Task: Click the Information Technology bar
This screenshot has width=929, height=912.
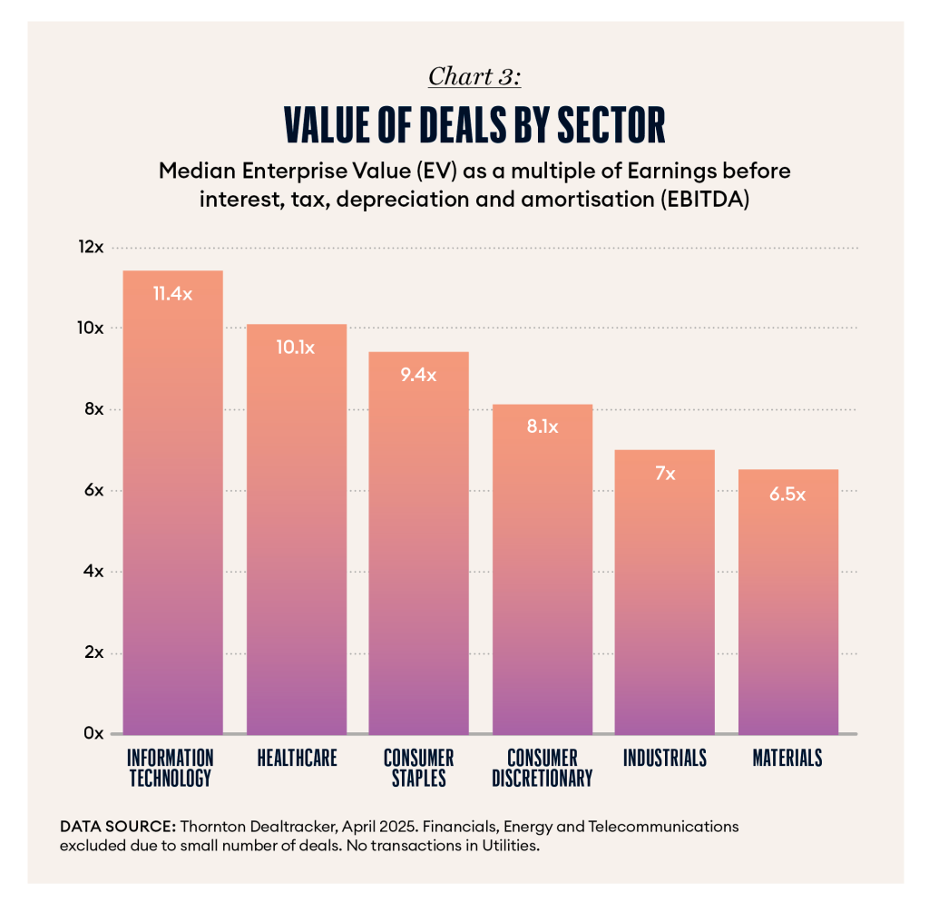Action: click(172, 508)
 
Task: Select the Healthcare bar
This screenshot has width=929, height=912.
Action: click(296, 535)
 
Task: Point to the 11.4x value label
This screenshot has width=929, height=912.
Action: click(172, 294)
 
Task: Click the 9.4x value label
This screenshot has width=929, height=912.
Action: click(418, 375)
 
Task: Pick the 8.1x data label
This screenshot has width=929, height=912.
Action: click(542, 427)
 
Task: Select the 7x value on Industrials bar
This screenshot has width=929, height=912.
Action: click(665, 473)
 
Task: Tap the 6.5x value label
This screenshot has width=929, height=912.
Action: click(787, 495)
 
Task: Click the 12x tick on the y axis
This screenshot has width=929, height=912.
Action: click(91, 247)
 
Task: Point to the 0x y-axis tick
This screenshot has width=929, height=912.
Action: click(93, 733)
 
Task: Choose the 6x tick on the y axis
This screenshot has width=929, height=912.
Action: click(93, 490)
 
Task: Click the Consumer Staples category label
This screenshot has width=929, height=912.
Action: click(418, 768)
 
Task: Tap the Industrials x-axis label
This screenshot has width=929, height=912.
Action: click(665, 758)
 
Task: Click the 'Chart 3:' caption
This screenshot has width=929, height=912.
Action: click(474, 76)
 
